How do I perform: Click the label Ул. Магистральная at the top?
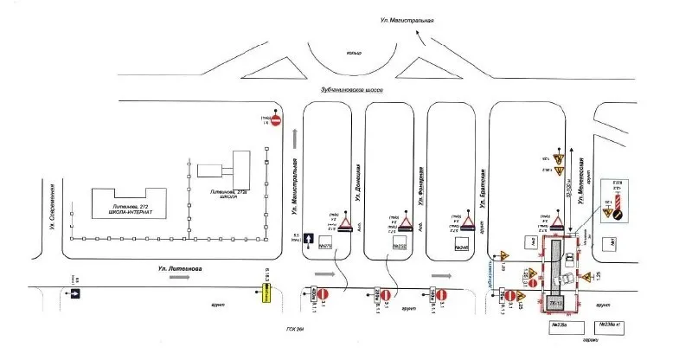pos(406,20)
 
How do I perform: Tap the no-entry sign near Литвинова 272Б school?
pos(276,121)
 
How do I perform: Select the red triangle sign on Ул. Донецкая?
pos(344,226)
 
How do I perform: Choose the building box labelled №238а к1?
pos(615,326)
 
